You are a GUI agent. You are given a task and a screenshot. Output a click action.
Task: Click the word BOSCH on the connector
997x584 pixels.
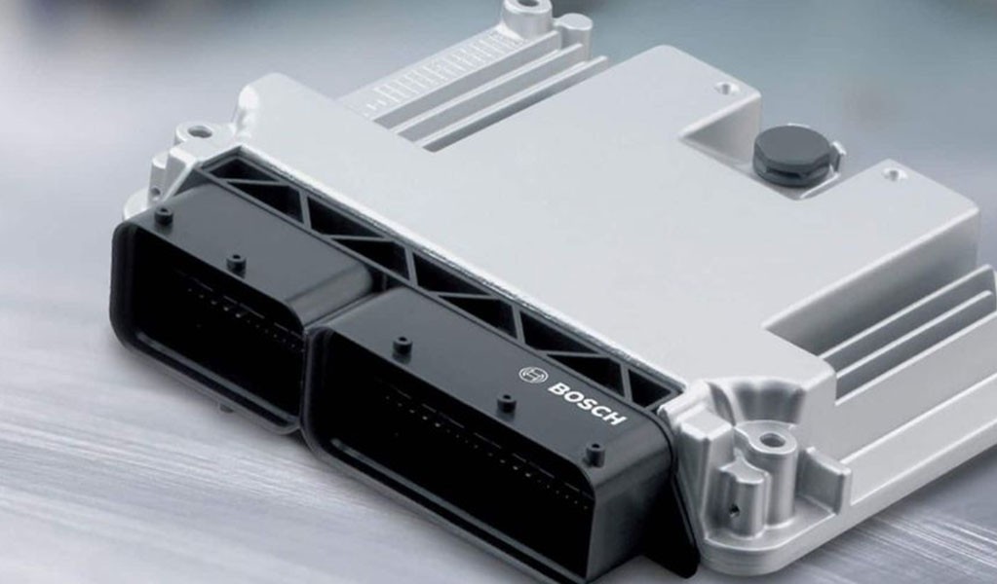click(x=587, y=402)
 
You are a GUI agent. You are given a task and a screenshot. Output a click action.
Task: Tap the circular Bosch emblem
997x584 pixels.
click(x=533, y=375)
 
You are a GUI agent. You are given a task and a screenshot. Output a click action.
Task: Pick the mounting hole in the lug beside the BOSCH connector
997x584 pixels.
click(x=771, y=439)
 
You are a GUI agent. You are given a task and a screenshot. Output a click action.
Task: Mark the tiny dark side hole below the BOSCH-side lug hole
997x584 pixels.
click(x=736, y=508)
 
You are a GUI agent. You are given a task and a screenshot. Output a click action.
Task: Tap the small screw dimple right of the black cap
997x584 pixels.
click(x=894, y=172)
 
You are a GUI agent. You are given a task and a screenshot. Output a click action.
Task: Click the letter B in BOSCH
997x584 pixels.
click(x=557, y=386)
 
